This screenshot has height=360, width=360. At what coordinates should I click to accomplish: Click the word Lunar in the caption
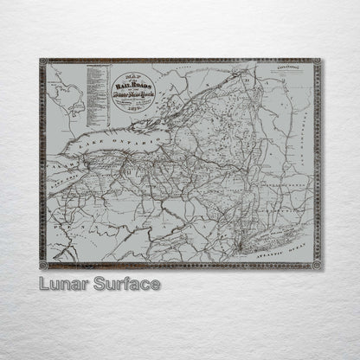coord(65,283)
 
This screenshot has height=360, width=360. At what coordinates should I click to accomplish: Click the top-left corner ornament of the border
coord(43,63)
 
